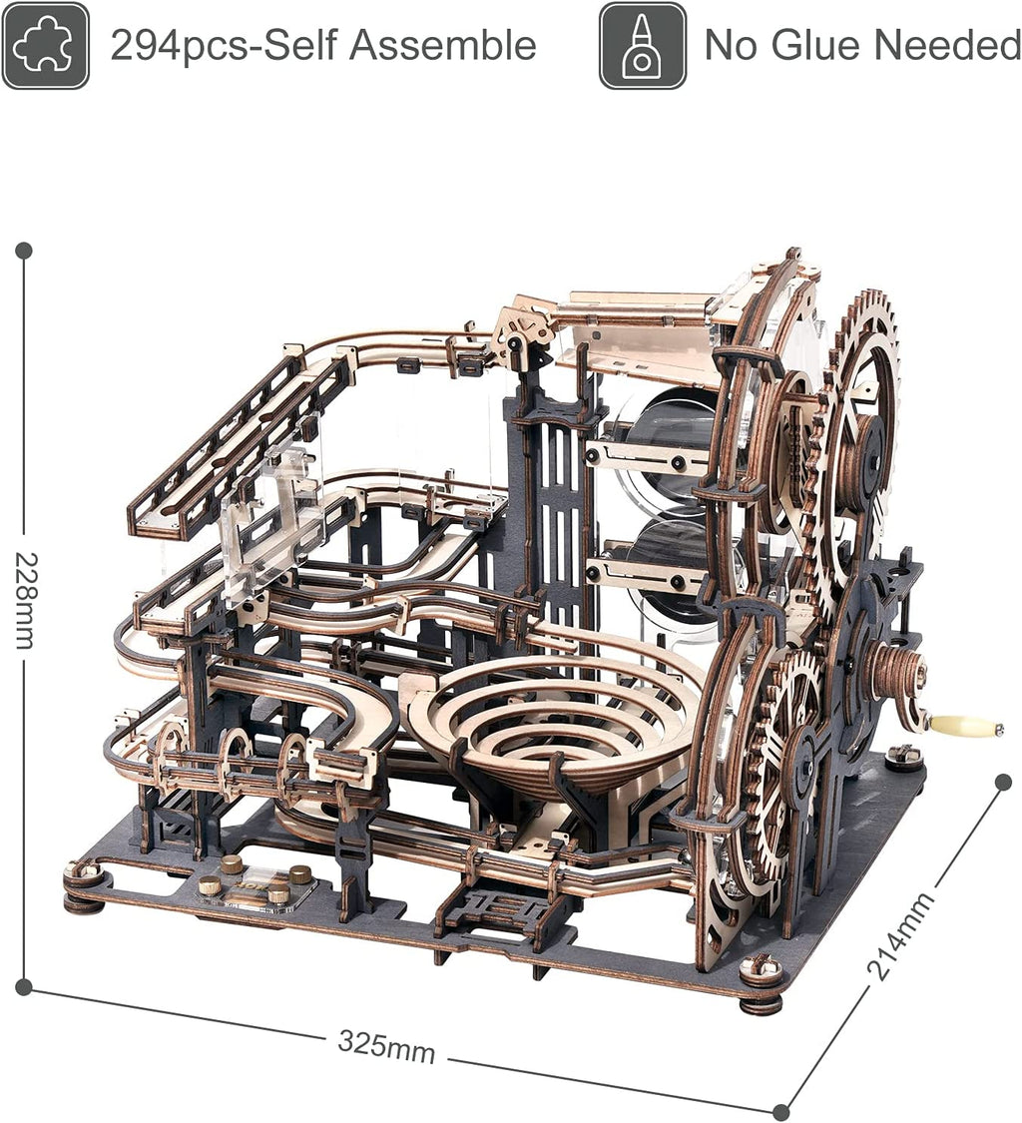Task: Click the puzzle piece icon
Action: point(45,46)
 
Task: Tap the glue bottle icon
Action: point(642,46)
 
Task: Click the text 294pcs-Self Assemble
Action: point(322,46)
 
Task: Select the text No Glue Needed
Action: point(861,46)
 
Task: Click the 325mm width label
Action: point(386,1045)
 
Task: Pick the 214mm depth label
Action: point(900,936)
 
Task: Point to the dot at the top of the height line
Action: point(24,250)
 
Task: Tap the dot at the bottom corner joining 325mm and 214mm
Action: point(781,1111)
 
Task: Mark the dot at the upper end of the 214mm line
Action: point(1004,782)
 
